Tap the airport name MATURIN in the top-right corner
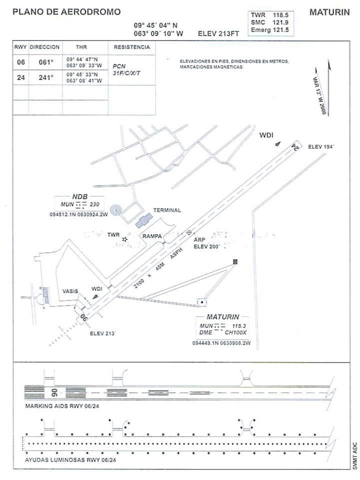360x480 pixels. (x=329, y=12)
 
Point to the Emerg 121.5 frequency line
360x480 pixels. (x=270, y=30)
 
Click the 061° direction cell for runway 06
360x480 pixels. (x=45, y=62)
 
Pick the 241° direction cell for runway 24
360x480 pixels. (x=45, y=77)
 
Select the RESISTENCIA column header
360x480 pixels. (x=131, y=47)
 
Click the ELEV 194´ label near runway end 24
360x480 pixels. (x=321, y=146)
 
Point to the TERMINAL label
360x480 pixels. (x=167, y=210)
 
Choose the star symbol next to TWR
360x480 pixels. (x=125, y=239)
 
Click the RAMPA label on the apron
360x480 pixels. (x=151, y=236)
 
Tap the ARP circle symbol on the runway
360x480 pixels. (x=189, y=232)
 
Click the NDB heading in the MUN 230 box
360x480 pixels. (x=80, y=197)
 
